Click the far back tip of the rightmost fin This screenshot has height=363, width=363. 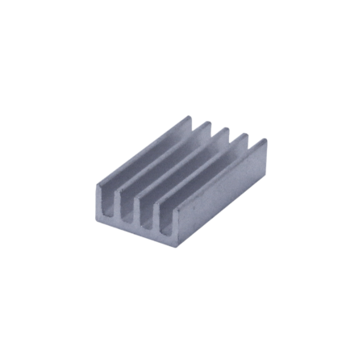[263, 144]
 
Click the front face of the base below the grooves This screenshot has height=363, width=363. [137, 228]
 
